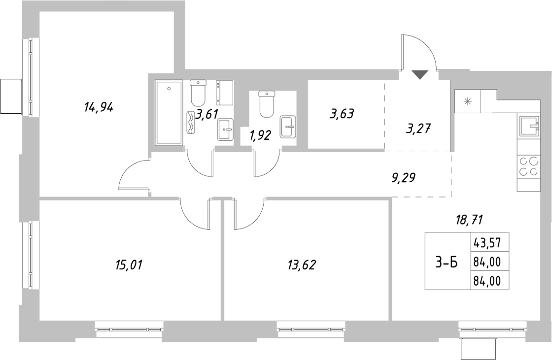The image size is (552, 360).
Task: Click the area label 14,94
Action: [99, 107]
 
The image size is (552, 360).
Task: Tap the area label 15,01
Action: [129, 264]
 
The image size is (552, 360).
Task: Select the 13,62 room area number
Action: [301, 264]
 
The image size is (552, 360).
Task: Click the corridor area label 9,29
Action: [404, 178]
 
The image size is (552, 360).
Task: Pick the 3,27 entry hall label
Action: [419, 129]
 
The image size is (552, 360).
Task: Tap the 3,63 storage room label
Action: [342, 114]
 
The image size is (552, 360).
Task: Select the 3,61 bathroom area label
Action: [207, 114]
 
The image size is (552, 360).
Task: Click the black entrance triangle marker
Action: [419, 74]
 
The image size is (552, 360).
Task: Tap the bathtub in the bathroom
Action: [169, 112]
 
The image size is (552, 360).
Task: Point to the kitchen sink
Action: [529, 125]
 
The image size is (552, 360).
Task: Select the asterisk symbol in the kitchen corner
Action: [468, 101]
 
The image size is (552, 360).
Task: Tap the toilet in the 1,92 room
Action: [267, 104]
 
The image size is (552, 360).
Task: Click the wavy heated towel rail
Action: [190, 123]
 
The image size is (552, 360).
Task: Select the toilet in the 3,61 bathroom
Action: [198, 93]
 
